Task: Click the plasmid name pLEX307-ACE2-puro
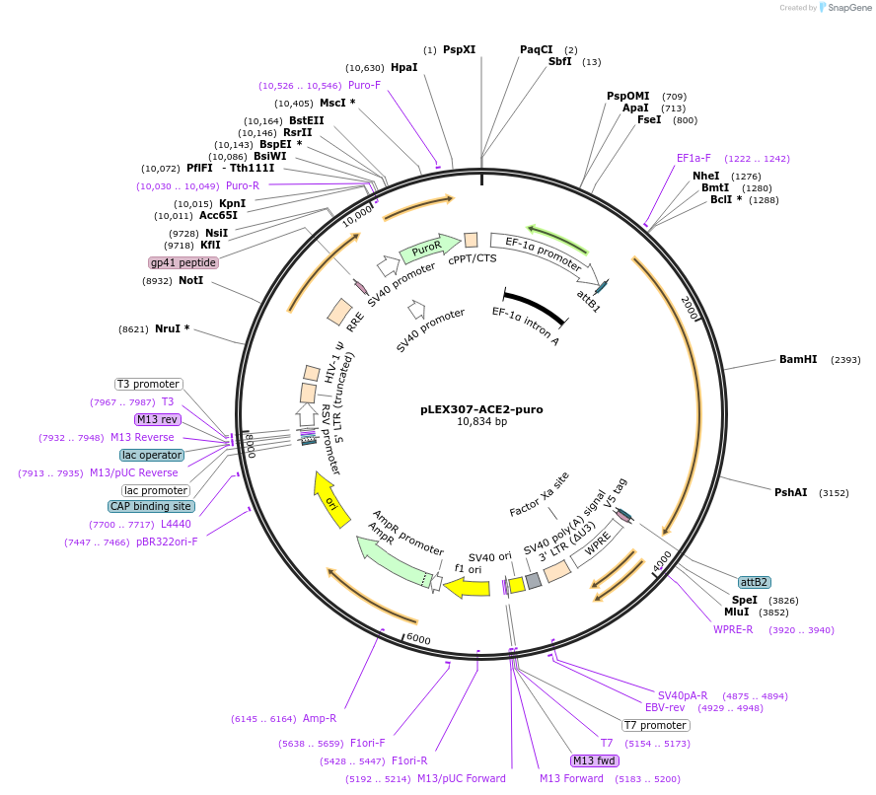tap(481, 409)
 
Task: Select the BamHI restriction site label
tap(798, 360)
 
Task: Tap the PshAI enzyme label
tap(791, 492)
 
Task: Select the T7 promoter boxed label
tap(655, 726)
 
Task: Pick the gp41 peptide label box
tap(183, 262)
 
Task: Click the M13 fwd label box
tap(595, 760)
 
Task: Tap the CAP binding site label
tap(152, 506)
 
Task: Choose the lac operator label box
tap(152, 455)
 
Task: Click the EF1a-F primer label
tap(693, 158)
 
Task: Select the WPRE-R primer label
tap(733, 629)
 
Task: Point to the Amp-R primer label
tap(320, 719)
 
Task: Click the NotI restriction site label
tap(190, 281)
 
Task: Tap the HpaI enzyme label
tap(404, 67)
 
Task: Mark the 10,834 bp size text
tap(481, 422)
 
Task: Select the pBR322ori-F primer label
tap(167, 542)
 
